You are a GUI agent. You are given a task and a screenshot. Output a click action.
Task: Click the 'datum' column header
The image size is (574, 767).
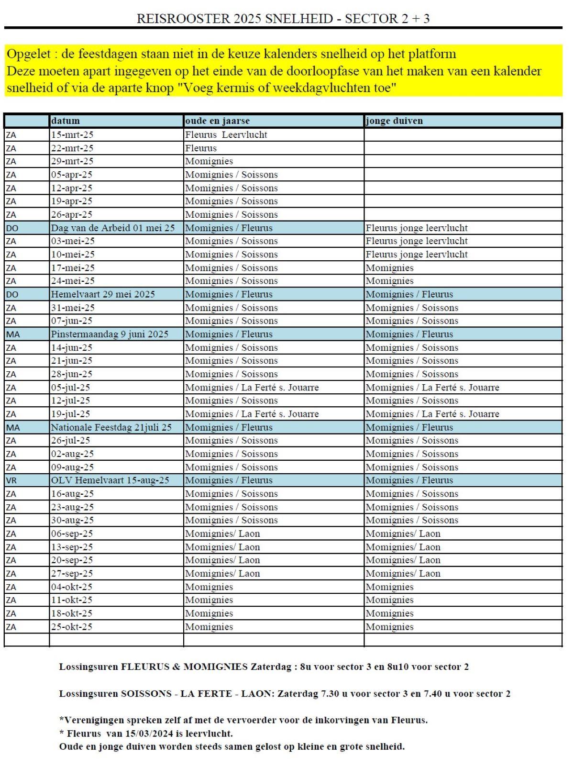(x=66, y=121)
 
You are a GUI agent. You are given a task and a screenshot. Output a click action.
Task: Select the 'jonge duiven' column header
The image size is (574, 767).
(x=394, y=121)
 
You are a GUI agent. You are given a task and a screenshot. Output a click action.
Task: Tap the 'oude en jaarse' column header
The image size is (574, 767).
(x=217, y=121)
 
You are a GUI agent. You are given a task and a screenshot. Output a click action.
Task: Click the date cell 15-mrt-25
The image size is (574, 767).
(x=72, y=134)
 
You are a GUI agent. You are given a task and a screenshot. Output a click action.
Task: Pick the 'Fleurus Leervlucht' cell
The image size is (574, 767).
(x=226, y=134)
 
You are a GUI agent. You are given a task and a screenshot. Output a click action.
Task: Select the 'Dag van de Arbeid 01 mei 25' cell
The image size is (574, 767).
(x=113, y=228)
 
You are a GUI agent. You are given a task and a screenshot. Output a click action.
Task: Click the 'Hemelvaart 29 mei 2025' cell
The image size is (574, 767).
(x=103, y=294)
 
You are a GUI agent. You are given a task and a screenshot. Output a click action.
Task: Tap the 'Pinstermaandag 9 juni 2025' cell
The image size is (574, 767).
(x=110, y=334)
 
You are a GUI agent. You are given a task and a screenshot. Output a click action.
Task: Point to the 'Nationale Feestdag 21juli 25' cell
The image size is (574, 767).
(x=111, y=427)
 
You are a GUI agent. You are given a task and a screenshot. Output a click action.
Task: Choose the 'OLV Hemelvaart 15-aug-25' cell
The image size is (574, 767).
(x=110, y=480)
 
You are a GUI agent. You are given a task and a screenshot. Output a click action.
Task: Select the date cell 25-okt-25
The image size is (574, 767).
(x=72, y=627)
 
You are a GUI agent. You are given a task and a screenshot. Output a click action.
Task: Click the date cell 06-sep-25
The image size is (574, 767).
(x=72, y=534)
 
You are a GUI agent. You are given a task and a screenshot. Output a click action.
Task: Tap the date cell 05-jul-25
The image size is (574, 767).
(x=70, y=388)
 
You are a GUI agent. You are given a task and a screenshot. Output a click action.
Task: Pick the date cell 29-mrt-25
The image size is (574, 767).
(x=72, y=161)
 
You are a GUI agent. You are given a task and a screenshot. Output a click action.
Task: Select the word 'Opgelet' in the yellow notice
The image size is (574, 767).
(x=28, y=54)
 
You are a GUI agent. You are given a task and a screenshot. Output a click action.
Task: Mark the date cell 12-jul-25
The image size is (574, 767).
(x=70, y=400)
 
